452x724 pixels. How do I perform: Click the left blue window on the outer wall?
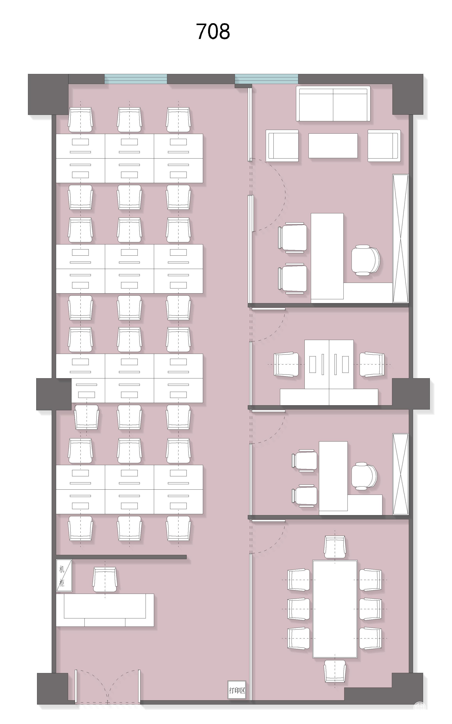point(135,79)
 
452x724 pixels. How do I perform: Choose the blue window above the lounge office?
point(266,79)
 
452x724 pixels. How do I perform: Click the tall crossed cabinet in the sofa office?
point(401,239)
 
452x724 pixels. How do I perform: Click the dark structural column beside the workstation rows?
point(54,394)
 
